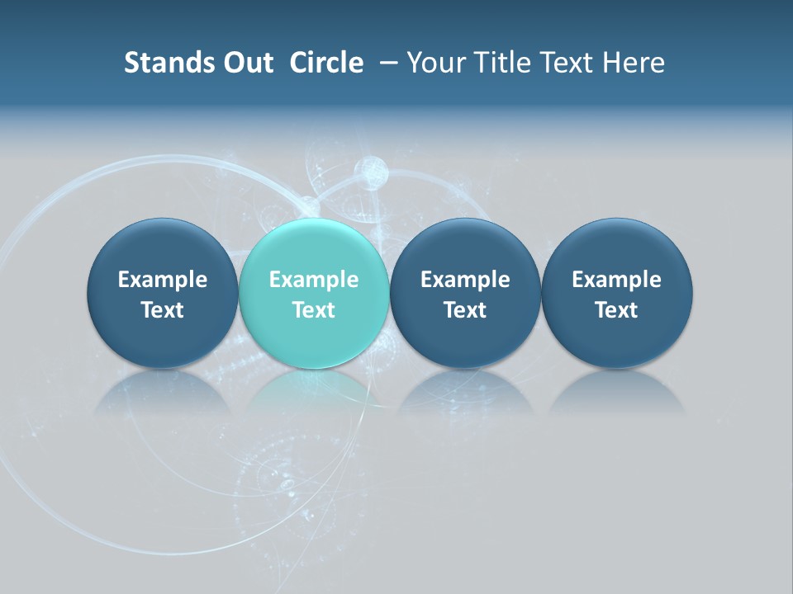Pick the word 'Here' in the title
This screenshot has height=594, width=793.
(633, 63)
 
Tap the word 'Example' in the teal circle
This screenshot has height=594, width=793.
(314, 280)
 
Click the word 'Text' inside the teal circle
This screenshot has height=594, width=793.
(314, 310)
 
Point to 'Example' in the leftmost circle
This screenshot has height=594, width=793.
(163, 280)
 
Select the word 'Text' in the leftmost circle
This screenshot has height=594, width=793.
(163, 310)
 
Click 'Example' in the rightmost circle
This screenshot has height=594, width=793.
(616, 280)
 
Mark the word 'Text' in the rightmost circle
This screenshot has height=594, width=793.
(616, 310)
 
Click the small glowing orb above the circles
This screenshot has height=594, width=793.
(371, 172)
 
